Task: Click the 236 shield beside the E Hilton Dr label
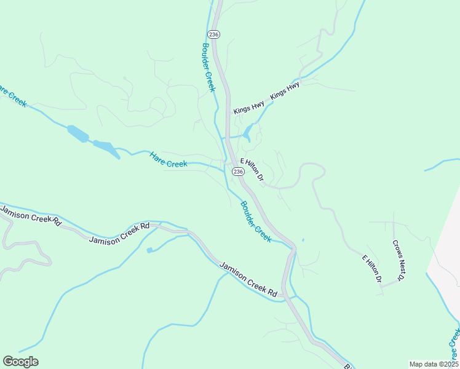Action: (x=237, y=172)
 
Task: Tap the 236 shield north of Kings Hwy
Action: (x=213, y=34)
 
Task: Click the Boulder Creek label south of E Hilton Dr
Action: (x=255, y=221)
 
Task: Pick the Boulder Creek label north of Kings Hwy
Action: (x=208, y=67)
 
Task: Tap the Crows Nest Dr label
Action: (x=400, y=261)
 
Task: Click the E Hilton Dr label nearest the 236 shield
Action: (x=252, y=170)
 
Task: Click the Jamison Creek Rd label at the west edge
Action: (x=31, y=216)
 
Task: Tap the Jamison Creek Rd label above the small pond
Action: (x=119, y=233)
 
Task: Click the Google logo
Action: (x=20, y=362)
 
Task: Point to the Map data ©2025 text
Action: (x=434, y=364)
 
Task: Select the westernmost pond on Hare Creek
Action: (x=77, y=133)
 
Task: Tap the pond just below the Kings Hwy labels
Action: (x=247, y=131)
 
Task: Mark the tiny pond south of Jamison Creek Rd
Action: (x=149, y=250)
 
